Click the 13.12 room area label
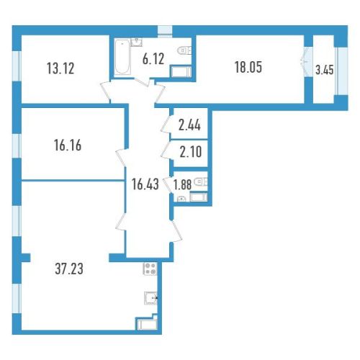60,68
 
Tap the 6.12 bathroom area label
153,59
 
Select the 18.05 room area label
248,67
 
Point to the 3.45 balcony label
325,71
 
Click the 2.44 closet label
189,125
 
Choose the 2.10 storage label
191,152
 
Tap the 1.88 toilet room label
183,185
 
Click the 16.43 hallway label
145,184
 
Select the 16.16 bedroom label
68,145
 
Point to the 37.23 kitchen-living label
69,269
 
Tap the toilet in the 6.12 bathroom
184,51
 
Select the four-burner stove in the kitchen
150,269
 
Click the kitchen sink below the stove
150,298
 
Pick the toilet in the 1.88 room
201,181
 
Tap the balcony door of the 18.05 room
306,62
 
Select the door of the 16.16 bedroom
121,158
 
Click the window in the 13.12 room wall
17,66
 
